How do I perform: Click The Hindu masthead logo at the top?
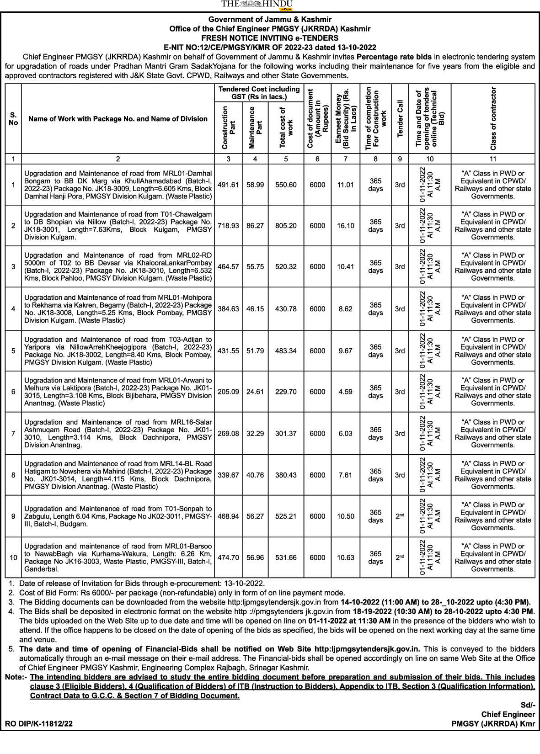(257, 5)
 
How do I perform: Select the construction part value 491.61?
(228, 185)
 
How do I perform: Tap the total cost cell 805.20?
(286, 226)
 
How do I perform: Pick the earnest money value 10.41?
(345, 266)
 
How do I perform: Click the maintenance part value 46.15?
(255, 309)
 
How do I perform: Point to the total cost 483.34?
(286, 351)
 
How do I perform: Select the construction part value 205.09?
(228, 392)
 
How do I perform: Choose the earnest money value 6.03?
(345, 433)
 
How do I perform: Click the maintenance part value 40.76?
(255, 475)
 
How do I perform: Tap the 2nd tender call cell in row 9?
(400, 516)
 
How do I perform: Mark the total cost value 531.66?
(286, 558)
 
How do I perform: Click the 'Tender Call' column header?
(400, 119)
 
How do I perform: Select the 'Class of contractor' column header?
(493, 119)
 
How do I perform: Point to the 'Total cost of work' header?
(286, 127)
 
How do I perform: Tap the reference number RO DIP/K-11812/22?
(39, 724)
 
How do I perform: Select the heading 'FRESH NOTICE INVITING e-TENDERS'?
(270, 38)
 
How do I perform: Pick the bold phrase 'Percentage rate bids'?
(394, 57)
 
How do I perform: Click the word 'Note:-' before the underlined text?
(16, 677)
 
